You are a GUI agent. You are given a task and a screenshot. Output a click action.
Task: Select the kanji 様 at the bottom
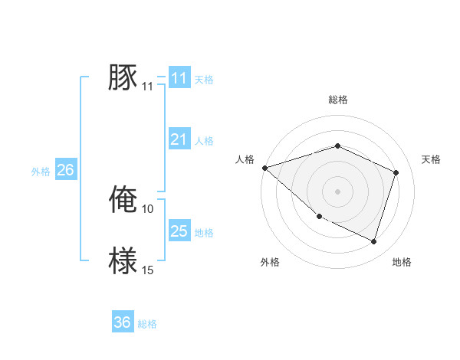123,261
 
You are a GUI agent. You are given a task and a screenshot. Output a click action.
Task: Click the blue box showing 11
179,78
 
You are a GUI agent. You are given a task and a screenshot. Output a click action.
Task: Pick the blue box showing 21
179,139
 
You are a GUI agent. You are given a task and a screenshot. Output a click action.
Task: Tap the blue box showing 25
179,231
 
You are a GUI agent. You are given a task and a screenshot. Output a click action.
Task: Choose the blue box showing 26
65,170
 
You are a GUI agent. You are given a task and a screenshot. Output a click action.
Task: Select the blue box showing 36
122,322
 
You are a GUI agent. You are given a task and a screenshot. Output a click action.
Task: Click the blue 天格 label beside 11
204,80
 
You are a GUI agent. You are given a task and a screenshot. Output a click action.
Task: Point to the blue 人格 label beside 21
204,141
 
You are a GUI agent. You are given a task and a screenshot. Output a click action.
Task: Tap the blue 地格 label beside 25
204,233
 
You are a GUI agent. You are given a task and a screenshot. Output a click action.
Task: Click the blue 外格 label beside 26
41,172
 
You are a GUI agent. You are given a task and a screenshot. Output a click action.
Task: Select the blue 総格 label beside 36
147,324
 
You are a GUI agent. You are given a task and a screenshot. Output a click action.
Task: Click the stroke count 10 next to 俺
148,208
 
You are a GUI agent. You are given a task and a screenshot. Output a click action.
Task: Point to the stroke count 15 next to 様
148,270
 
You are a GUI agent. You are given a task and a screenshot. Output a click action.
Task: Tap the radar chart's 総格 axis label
337,100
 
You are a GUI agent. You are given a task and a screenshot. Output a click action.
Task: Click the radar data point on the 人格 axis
264,167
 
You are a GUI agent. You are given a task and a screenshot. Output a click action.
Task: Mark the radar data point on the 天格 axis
396,172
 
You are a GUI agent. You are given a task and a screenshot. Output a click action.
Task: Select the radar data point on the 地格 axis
373,241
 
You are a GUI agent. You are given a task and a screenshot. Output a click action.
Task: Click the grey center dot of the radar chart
337,191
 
